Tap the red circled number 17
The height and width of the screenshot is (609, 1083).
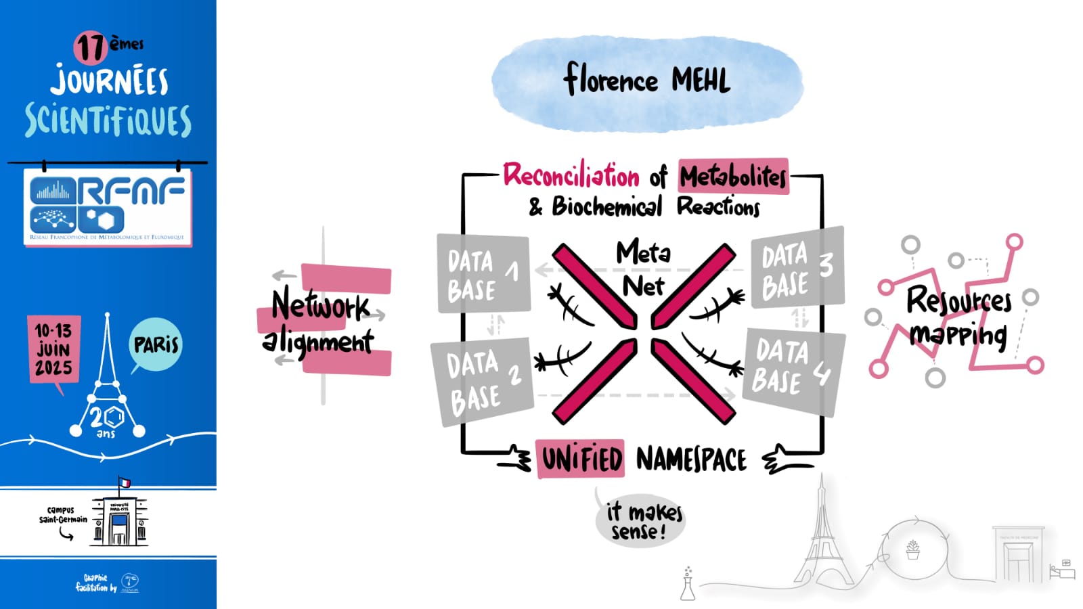tap(90, 47)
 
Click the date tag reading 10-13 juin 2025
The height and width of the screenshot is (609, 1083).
tap(53, 349)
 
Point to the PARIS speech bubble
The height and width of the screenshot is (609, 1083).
tap(156, 344)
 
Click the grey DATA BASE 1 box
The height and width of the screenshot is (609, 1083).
tap(482, 274)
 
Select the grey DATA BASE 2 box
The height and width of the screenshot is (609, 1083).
tap(481, 381)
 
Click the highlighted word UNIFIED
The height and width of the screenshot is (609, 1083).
tap(581, 459)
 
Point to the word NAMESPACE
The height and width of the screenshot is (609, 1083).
tap(691, 459)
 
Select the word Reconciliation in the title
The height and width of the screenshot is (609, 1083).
tap(571, 176)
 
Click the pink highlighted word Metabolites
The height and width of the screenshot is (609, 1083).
tap(733, 177)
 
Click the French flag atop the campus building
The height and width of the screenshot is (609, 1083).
tap(124, 483)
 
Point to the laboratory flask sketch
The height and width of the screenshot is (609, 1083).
tap(688, 586)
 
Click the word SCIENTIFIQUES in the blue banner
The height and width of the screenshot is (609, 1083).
tap(108, 120)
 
